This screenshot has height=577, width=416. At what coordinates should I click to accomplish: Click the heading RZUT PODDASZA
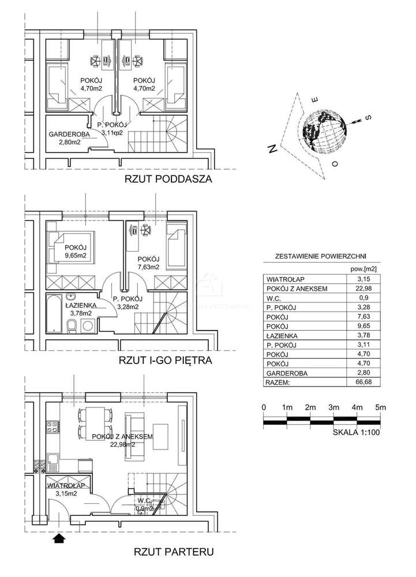pyautogui.click(x=168, y=179)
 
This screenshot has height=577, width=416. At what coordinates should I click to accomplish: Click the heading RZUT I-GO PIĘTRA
pyautogui.click(x=166, y=361)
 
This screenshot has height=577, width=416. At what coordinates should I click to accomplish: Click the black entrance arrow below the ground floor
pyautogui.click(x=58, y=538)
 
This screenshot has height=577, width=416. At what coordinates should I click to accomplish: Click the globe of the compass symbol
pyautogui.click(x=324, y=130)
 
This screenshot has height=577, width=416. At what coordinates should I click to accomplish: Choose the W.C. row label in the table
pyautogui.click(x=276, y=298)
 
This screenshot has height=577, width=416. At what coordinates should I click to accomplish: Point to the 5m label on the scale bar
pyautogui.click(x=380, y=407)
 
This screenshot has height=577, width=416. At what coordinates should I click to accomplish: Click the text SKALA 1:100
pyautogui.click(x=356, y=434)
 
